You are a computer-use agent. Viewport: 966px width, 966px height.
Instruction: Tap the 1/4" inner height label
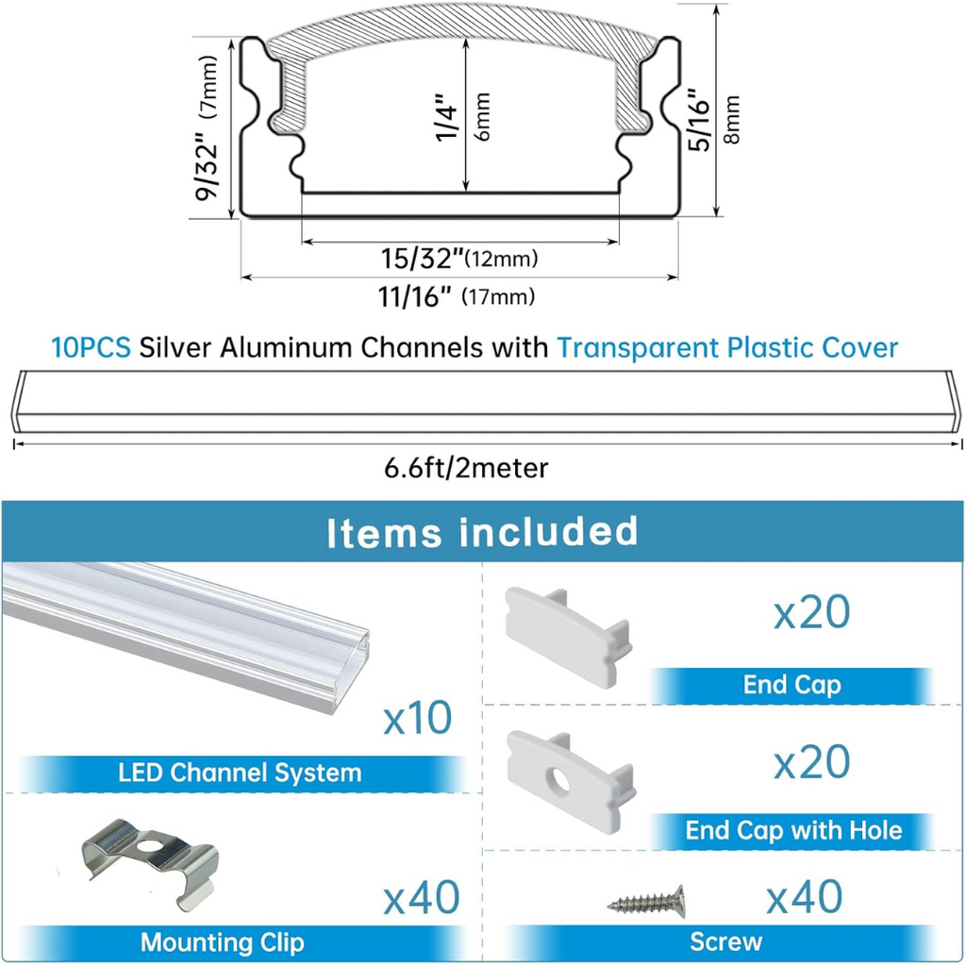click(x=447, y=117)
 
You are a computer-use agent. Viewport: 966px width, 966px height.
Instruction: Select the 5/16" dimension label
click(x=700, y=120)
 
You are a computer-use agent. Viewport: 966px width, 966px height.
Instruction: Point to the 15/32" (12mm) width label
click(x=459, y=258)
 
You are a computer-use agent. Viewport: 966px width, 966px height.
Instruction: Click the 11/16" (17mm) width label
click(x=457, y=297)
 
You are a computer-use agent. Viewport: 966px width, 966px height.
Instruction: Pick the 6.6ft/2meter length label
click(x=466, y=468)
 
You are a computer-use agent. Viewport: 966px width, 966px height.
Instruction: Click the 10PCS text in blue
click(x=91, y=347)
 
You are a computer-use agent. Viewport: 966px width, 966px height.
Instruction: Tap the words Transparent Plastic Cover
click(x=727, y=348)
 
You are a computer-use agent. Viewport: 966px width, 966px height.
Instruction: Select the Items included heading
click(x=482, y=532)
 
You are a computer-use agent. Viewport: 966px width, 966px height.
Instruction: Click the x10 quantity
click(x=418, y=718)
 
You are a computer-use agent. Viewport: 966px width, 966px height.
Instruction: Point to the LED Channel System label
click(x=240, y=773)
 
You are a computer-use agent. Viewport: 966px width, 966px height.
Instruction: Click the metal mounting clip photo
click(x=150, y=864)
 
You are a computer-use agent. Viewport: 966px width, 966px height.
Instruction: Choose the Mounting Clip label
click(x=223, y=942)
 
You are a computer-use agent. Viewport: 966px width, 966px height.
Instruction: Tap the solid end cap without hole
click(x=568, y=636)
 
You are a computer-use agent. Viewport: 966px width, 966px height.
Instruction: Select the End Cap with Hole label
click(x=793, y=830)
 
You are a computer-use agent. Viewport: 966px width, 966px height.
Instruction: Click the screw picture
click(x=646, y=902)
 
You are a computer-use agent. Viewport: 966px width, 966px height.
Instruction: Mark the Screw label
click(x=725, y=942)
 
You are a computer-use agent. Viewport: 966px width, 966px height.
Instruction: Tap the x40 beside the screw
click(x=805, y=896)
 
